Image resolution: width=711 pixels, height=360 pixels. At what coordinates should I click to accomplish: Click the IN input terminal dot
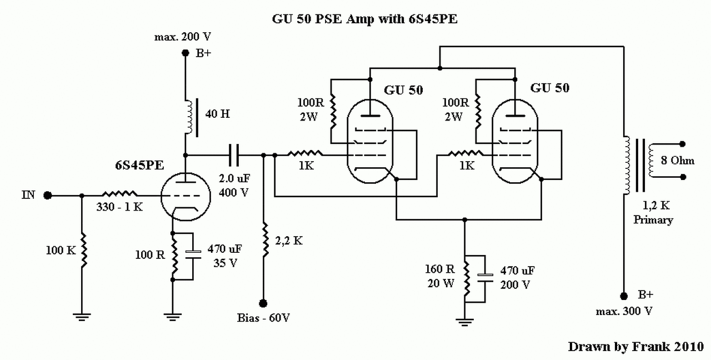48,196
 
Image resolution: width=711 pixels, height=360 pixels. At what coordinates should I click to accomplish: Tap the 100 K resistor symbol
83,250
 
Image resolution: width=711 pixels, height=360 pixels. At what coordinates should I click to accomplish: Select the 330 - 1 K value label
119,207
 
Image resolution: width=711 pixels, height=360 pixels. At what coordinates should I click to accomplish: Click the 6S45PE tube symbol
186,197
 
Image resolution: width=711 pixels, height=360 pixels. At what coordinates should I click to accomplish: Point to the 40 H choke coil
189,117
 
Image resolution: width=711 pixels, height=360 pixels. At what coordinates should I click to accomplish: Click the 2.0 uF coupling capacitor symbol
234,155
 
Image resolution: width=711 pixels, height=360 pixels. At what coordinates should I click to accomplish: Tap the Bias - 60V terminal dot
263,303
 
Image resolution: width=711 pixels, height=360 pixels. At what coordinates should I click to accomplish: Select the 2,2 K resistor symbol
266,239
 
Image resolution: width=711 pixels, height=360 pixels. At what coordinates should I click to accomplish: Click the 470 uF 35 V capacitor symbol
193,254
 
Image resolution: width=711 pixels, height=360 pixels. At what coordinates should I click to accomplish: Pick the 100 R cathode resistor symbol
174,256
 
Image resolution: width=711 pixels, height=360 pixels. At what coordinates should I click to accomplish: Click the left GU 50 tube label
403,90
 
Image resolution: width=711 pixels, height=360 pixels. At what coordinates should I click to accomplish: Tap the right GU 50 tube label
550,88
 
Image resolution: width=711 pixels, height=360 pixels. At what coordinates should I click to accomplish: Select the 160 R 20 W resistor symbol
466,278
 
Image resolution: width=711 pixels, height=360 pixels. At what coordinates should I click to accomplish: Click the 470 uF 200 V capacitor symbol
485,278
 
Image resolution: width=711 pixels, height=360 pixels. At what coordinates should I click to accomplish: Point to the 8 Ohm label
678,161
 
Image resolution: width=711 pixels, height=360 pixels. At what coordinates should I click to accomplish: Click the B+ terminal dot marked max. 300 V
624,296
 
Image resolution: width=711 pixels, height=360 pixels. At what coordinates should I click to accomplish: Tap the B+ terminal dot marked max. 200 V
186,53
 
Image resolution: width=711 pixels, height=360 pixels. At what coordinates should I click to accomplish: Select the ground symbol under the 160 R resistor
464,322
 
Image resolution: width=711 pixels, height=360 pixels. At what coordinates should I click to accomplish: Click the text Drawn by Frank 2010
636,347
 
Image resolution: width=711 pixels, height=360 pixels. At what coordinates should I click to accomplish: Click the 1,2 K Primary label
654,213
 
